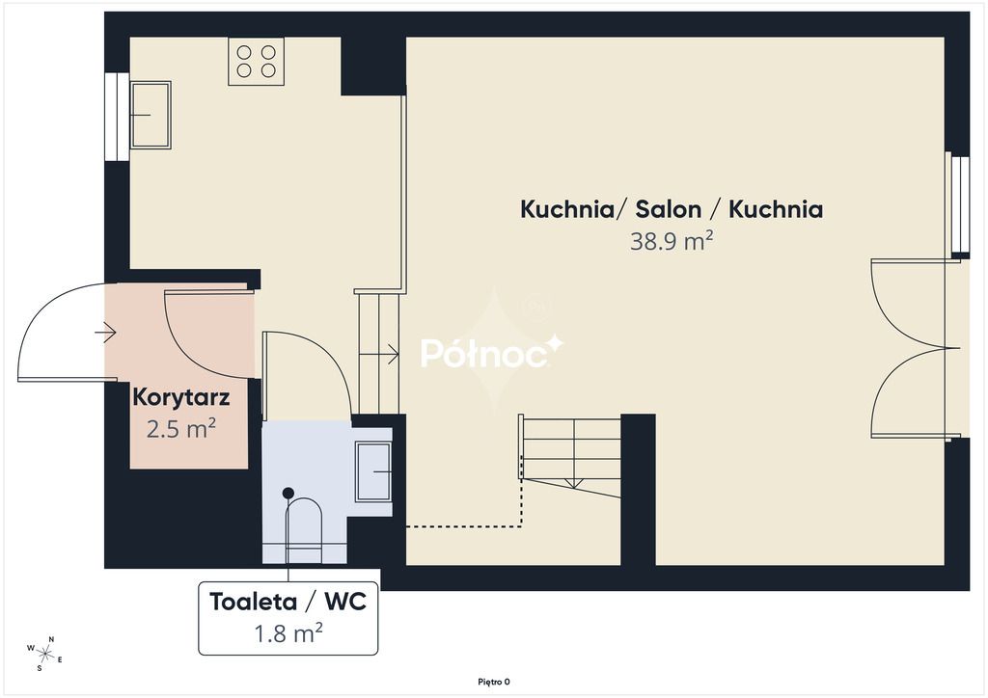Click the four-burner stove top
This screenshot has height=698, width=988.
pyautogui.click(x=256, y=61)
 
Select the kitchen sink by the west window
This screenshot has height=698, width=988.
pyautogui.click(x=151, y=115)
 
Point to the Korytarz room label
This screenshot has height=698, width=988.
pyautogui.click(x=180, y=398)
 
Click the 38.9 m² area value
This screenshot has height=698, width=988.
pyautogui.click(x=672, y=240)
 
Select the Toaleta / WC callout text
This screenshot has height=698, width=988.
pyautogui.click(x=288, y=601)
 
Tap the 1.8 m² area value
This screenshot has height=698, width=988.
pyautogui.click(x=288, y=632)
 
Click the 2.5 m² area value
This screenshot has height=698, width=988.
pyautogui.click(x=180, y=429)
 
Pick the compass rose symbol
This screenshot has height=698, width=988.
pyautogui.click(x=44, y=653)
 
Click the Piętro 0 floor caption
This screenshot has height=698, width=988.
pyautogui.click(x=494, y=682)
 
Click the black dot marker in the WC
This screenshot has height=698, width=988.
pyautogui.click(x=288, y=493)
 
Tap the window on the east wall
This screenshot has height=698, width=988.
pyautogui.click(x=960, y=204)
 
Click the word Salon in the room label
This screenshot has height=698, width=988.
pyautogui.click(x=668, y=209)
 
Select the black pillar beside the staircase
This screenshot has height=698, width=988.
pyautogui.click(x=639, y=489)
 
